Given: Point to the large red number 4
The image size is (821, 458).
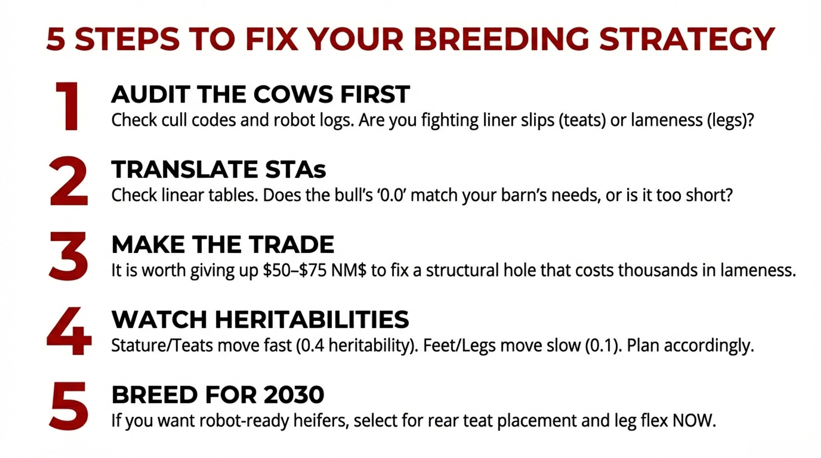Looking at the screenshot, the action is [69, 331].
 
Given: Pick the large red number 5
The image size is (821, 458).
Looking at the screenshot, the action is [69, 406].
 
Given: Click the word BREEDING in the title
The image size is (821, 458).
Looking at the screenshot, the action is [501, 39].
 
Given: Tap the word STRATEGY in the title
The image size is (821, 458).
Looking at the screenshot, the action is [687, 39].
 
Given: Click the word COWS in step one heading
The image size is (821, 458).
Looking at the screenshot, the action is [293, 94].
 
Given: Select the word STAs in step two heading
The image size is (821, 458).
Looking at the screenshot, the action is [296, 169].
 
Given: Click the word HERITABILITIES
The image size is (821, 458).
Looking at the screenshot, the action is [312, 320].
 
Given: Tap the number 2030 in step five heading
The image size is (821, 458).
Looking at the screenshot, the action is [294, 395].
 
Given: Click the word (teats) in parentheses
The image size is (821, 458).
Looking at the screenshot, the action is [582, 120].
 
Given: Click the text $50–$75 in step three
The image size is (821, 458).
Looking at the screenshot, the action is [295, 270].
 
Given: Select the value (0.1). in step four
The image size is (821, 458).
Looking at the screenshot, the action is [603, 346].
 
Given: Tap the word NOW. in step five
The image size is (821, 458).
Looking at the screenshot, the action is [694, 421].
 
